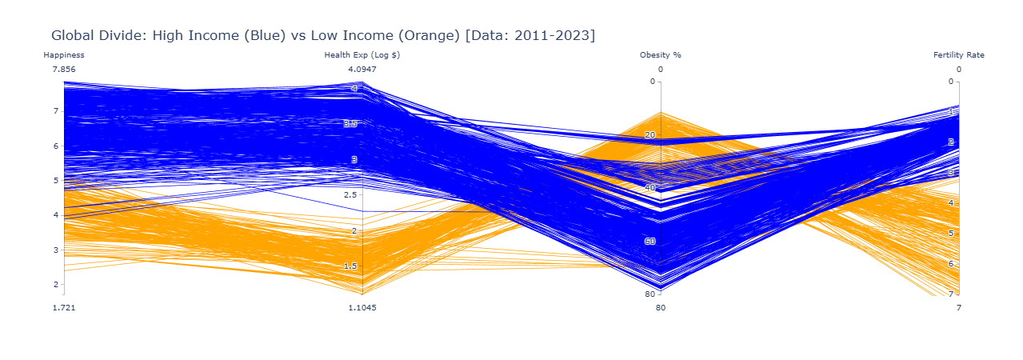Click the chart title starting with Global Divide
coord(323,35)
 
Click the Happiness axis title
coord(64,55)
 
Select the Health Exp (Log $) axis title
coord(362,55)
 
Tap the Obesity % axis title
coord(661,55)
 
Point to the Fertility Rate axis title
coord(959,55)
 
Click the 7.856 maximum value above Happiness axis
coord(64,70)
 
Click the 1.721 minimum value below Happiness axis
coord(64,307)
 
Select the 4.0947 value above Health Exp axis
coord(362,70)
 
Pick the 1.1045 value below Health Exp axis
coord(362,307)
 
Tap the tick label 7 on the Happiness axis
coord(56,111)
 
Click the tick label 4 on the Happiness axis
coord(56,215)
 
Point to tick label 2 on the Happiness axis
coord(56,285)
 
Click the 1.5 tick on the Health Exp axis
coord(350,266)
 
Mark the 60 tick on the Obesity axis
coord(649,241)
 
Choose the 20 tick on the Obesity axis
coord(649,134)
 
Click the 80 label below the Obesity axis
coord(661,307)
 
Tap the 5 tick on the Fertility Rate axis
coord(951,234)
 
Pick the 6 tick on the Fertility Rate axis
coord(951,264)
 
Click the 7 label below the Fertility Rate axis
coord(959,307)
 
